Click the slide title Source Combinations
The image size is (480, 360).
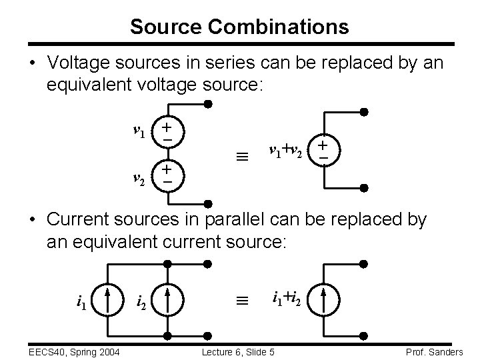239,27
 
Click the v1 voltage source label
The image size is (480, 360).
139,131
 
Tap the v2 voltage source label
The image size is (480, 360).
139,178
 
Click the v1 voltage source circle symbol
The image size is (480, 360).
167,129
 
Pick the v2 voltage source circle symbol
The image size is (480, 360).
167,176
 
